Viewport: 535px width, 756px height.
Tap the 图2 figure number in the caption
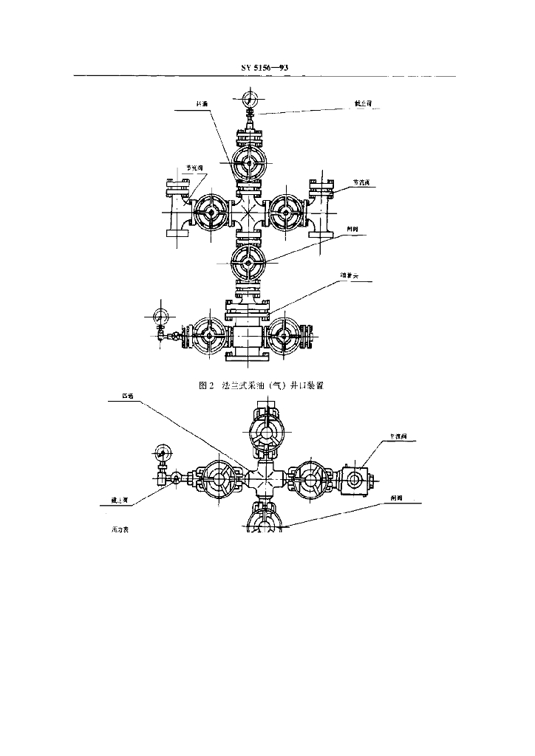(x=206, y=385)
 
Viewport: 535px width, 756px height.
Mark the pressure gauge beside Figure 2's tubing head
(x=160, y=315)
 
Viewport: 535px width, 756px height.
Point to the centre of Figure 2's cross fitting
(x=248, y=213)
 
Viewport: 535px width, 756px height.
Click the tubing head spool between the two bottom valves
(x=248, y=337)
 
